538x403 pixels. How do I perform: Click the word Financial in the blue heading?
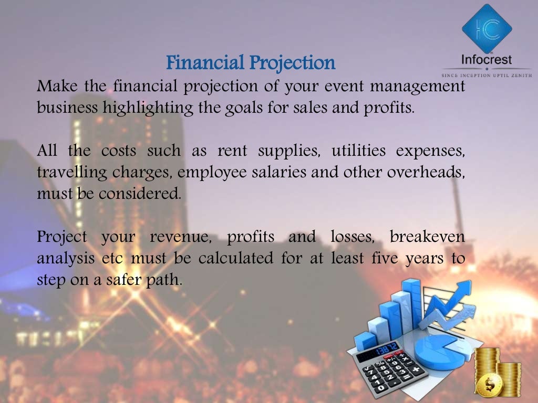point(205,62)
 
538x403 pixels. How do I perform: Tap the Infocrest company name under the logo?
point(487,59)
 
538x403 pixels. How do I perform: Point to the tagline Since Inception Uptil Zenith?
point(487,75)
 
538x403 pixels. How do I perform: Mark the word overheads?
point(426,172)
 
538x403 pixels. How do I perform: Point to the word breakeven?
point(427,237)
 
